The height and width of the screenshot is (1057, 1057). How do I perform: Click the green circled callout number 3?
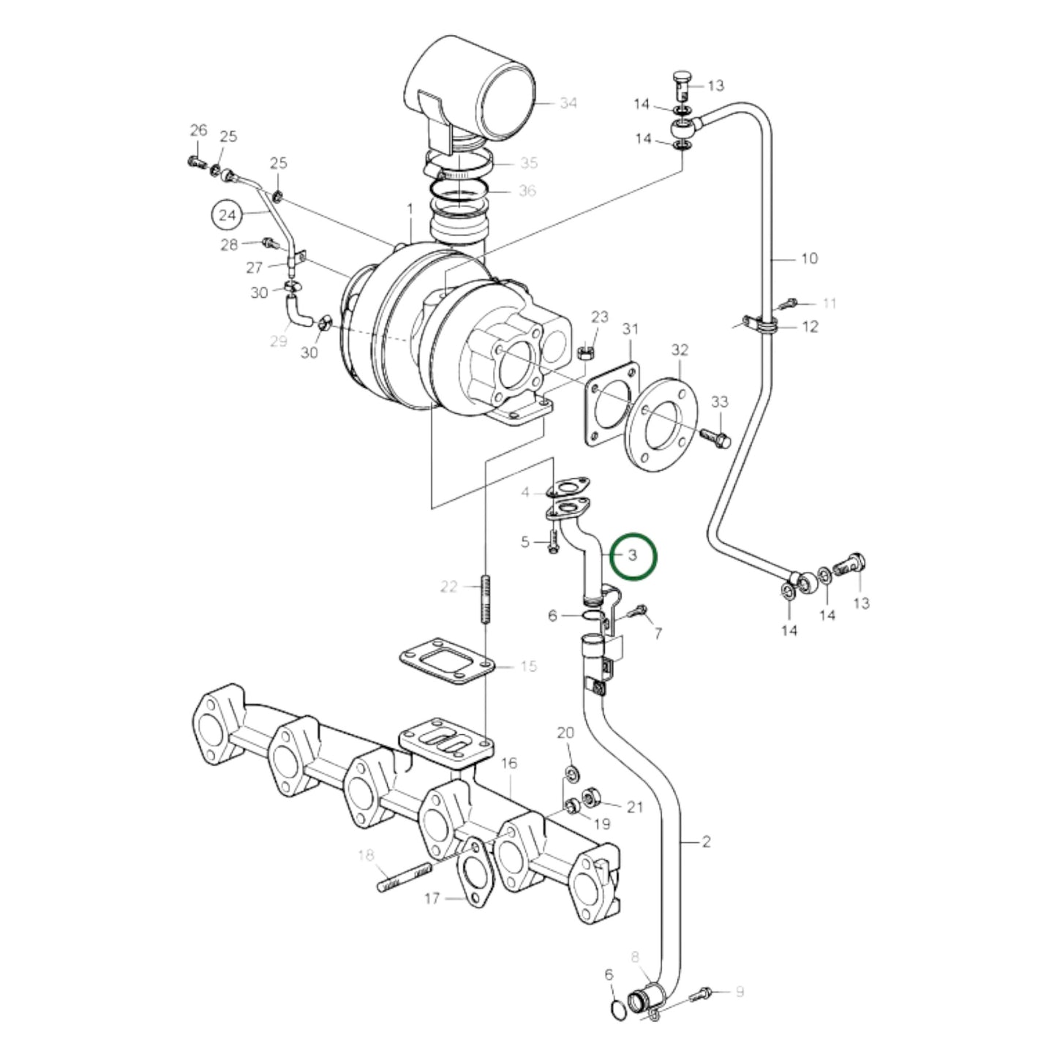tap(633, 556)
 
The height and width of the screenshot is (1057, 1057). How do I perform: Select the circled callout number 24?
tap(228, 215)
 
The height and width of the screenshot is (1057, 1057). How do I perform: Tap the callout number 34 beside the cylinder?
tap(568, 103)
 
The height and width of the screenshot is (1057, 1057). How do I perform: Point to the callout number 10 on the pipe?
tap(809, 258)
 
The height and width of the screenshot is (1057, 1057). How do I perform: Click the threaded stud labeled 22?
tap(485, 599)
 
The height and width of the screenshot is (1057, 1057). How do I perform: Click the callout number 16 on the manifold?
tap(509, 764)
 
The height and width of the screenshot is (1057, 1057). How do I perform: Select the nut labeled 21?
tap(592, 797)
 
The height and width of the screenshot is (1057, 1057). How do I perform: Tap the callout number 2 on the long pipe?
tap(705, 842)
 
